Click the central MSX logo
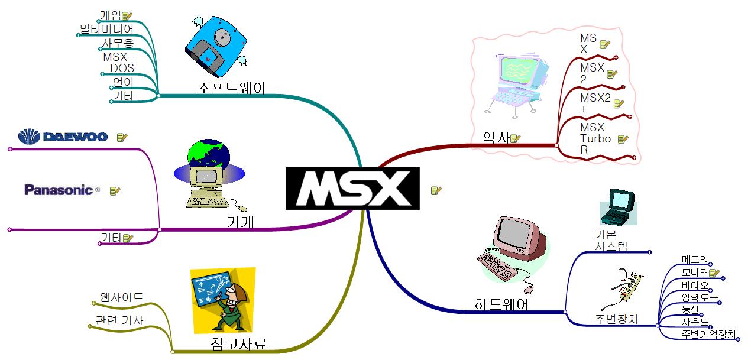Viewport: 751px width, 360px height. pyautogui.click(x=352, y=189)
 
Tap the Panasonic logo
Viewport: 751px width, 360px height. pyautogui.click(x=59, y=190)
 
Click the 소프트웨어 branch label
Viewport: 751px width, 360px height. pyautogui.click(x=231, y=88)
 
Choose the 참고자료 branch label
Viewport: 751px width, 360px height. pyautogui.click(x=238, y=343)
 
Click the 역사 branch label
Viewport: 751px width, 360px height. pyautogui.click(x=496, y=138)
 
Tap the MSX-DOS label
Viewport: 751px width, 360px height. pyautogui.click(x=118, y=63)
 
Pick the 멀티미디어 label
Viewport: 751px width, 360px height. pyautogui.click(x=107, y=28)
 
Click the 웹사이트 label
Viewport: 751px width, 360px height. pyautogui.click(x=122, y=297)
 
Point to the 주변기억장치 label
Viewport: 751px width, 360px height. pyautogui.click(x=708, y=335)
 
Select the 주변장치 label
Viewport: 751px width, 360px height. pyautogui.click(x=616, y=319)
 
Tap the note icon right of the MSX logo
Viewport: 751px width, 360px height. pyautogui.click(x=436, y=190)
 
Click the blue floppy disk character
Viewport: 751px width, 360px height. pyautogui.click(x=215, y=47)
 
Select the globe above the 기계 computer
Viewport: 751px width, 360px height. pyautogui.click(x=208, y=155)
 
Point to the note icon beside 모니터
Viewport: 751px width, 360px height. pyautogui.click(x=714, y=273)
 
